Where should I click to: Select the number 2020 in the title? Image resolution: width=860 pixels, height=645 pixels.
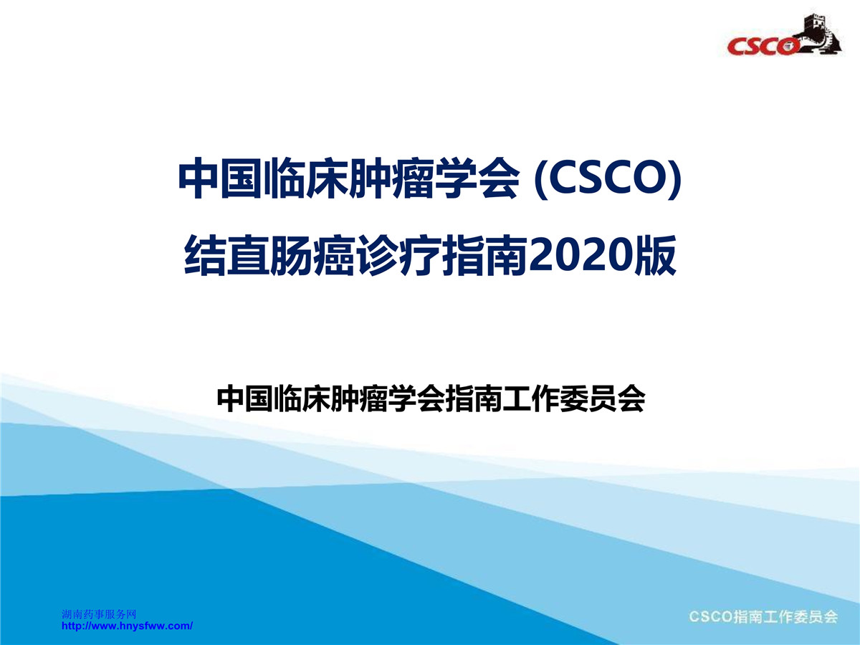[x=581, y=255]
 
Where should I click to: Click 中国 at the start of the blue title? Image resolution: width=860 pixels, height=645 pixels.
[x=221, y=179]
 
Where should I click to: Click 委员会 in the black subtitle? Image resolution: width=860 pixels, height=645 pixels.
[x=603, y=399]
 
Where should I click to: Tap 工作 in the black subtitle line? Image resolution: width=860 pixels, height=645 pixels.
[x=531, y=399]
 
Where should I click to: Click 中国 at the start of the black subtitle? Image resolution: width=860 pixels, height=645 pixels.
[x=245, y=399]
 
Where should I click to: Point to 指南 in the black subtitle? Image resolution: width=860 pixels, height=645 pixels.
[x=474, y=399]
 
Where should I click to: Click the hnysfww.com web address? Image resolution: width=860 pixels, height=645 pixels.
[x=127, y=626]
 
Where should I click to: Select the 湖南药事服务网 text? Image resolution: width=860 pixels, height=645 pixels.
[x=99, y=614]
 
